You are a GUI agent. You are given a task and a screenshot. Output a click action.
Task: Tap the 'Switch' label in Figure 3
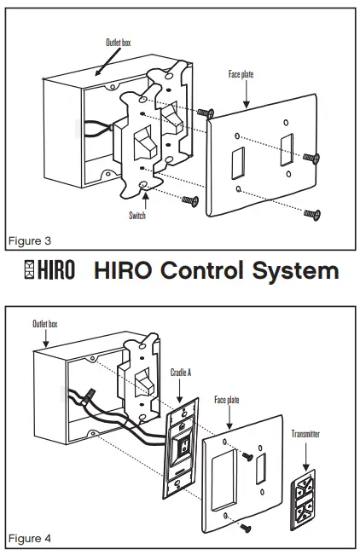136,217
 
